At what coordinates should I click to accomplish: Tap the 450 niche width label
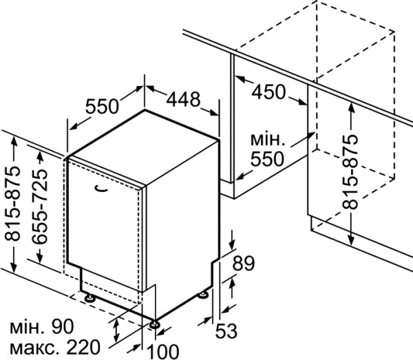(271, 91)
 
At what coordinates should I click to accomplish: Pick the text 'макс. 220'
(52, 346)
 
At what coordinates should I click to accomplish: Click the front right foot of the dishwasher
(155, 323)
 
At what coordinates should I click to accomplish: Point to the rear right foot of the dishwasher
(203, 295)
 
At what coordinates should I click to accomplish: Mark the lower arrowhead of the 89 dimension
(232, 279)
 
